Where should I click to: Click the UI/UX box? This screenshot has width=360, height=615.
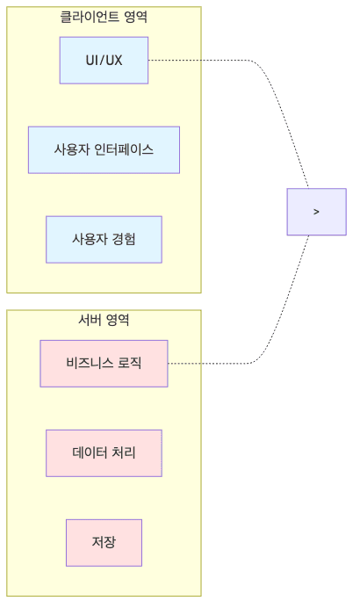point(104,60)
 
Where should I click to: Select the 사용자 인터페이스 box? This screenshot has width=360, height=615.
point(104,149)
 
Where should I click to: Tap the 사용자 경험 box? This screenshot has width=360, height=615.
point(104,239)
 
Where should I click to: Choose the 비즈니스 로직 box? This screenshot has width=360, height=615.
point(104,363)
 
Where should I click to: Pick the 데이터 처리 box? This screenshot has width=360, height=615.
point(104,452)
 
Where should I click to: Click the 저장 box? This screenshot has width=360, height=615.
point(104,542)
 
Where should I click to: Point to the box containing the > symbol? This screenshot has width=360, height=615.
point(316,212)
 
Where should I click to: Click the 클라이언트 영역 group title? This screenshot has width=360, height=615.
point(104,17)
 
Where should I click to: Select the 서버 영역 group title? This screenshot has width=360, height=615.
point(104,320)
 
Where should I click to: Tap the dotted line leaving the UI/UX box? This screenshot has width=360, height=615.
point(202,60)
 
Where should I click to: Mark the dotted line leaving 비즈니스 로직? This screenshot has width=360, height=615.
point(211,363)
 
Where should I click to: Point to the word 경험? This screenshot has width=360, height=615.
point(124,239)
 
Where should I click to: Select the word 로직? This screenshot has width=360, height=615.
point(130,363)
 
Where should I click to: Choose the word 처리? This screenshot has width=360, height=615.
point(124,452)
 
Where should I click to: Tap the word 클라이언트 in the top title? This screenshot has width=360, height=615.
point(85,17)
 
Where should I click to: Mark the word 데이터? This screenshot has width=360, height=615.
point(90,452)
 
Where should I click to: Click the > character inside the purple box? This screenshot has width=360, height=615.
point(316,212)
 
